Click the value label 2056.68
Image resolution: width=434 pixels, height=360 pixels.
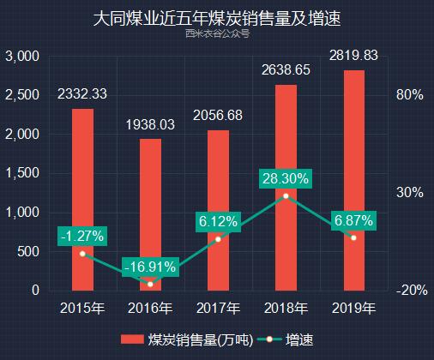pyautogui.click(x=218, y=116)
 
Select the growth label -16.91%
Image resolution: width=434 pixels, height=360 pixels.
pyautogui.click(x=150, y=267)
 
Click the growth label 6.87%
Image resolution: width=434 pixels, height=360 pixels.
pyautogui.click(x=353, y=221)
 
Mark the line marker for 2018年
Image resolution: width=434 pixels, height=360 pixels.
pyautogui.click(x=286, y=196)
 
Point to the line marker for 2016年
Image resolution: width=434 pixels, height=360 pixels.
pyautogui.click(x=150, y=283)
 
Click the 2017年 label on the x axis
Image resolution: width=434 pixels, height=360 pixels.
pyautogui.click(x=218, y=308)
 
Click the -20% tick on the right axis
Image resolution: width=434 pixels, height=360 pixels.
pyautogui.click(x=412, y=291)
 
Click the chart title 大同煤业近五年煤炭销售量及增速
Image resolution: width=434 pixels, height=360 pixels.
pyautogui.click(x=217, y=18)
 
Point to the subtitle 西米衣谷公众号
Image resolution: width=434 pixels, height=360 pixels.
pyautogui.click(x=217, y=35)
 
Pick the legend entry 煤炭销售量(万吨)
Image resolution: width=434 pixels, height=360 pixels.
pyautogui.click(x=189, y=339)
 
